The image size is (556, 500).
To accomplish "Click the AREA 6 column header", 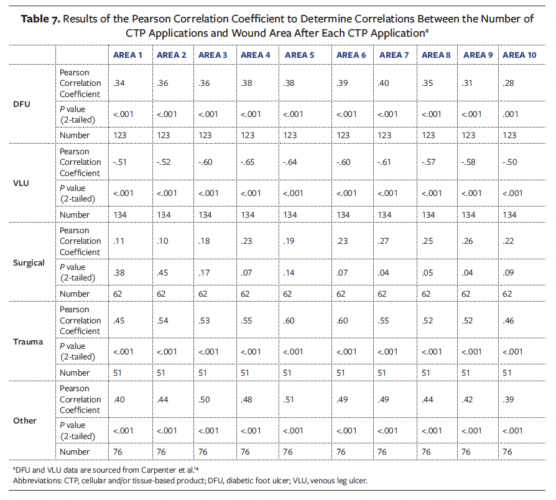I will pos(351,55).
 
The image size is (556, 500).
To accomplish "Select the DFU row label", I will pos(21,104).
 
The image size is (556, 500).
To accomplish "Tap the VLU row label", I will pos(21,183).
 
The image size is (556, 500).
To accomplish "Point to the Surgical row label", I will pos(29,262).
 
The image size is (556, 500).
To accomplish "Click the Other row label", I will pos(25,420).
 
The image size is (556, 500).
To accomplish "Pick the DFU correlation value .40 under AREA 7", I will pos(383,83).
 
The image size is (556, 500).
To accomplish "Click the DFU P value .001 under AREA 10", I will pos(511,114).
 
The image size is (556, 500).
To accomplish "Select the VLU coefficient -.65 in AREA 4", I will pos(248,162).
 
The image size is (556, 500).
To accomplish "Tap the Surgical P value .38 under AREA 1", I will pos(119,272).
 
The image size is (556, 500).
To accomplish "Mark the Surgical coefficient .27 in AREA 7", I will pos(383,241).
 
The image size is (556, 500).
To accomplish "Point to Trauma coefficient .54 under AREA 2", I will pos(163,320).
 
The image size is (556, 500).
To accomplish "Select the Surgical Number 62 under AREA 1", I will pos(119,294).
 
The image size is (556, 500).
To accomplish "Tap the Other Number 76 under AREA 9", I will pos(470,451).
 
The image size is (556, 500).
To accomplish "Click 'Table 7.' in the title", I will pos(40,19).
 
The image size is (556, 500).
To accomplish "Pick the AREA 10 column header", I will pos(519,55).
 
